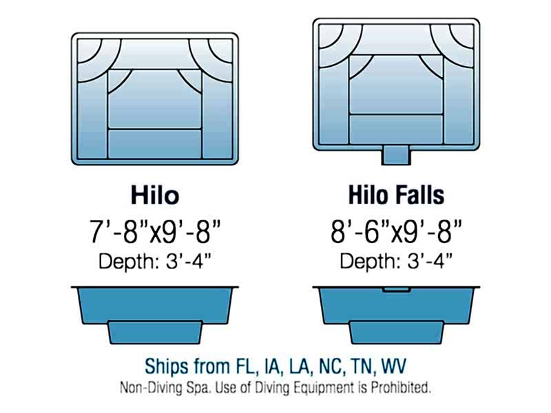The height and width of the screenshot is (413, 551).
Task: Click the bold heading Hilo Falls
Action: click(396, 195)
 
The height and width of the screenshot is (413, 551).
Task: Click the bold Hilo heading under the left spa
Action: click(155, 195)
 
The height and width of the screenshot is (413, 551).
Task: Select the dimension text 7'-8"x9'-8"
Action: click(155, 232)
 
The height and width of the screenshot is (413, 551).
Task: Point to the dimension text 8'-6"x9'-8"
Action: click(396, 232)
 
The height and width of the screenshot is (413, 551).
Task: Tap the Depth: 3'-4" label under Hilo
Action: click(155, 262)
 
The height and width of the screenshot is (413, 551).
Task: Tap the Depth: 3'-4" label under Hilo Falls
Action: click(396, 262)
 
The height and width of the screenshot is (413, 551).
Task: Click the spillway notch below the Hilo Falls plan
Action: click(397, 155)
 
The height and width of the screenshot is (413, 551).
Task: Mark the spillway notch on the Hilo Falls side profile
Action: click(397, 290)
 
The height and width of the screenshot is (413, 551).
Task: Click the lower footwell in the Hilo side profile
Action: click(155, 332)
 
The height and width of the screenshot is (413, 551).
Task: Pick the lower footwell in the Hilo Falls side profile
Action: click(397, 332)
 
